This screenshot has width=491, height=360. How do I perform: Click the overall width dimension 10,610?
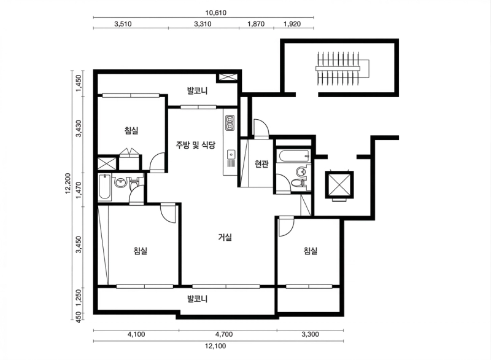pos(203,12)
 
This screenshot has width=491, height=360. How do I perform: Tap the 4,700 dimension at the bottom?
pos(228,335)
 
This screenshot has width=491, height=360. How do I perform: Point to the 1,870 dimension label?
pos(256,24)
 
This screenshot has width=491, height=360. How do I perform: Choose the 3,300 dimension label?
pos(310,335)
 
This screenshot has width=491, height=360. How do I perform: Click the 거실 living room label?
pos(225,237)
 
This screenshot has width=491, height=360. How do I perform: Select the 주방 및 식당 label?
pos(195,145)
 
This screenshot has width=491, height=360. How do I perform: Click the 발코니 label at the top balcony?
pos(198,91)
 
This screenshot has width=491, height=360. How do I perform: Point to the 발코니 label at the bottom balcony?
pos(198,299)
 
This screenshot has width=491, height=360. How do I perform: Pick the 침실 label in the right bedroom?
pos(310,251)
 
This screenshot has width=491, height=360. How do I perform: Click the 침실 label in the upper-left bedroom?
pos(131,130)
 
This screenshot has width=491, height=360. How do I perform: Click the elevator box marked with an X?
pos(339,184)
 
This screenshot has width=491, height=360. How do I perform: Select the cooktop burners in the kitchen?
pos(230,123)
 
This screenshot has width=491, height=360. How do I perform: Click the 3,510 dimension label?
pos(125,24)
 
